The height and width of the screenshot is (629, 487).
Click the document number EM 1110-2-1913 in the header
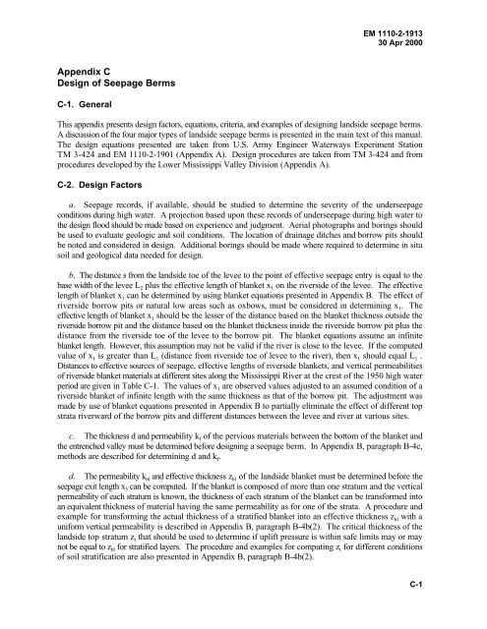[434, 19]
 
